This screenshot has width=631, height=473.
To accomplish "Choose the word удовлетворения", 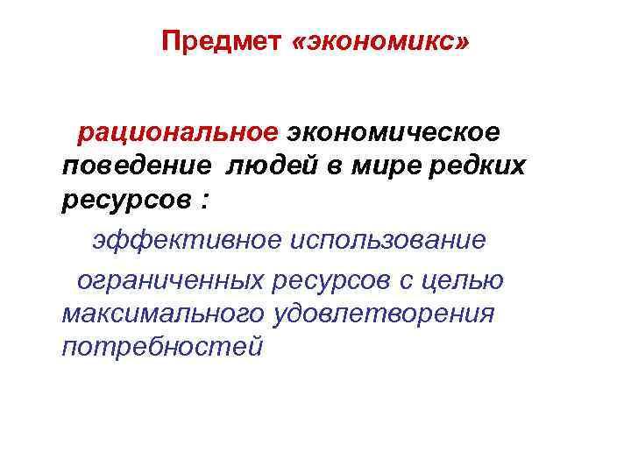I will (x=384, y=313).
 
